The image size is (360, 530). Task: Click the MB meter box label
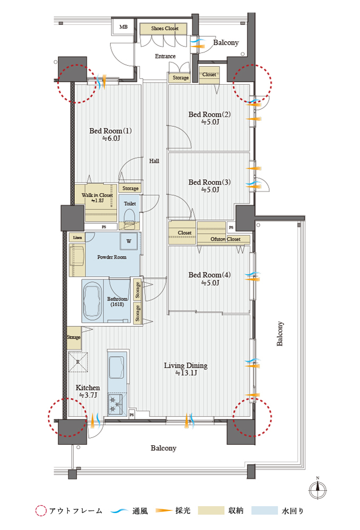tap(124, 26)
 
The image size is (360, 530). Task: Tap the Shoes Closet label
tap(164, 29)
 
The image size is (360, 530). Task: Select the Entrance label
tap(165, 56)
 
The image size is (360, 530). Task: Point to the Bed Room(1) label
tap(110, 131)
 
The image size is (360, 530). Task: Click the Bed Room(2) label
tap(209, 114)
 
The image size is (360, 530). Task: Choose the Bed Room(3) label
tap(209, 182)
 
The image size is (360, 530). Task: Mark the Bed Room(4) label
tap(209, 275)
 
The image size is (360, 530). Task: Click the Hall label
tap(154, 161)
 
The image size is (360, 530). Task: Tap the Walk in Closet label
tap(98, 195)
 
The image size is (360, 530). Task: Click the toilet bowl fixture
tap(129, 216)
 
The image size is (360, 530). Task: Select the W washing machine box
tap(129, 241)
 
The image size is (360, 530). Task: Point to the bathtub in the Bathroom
tap(92, 301)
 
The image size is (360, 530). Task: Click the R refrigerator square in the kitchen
tap(78, 361)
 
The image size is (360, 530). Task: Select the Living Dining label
tap(186, 365)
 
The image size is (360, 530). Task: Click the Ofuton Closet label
tap(225, 240)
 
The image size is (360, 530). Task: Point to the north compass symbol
tap(318, 489)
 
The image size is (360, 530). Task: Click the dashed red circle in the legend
tap(41, 510)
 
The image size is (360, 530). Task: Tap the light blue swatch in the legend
tap(265, 510)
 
